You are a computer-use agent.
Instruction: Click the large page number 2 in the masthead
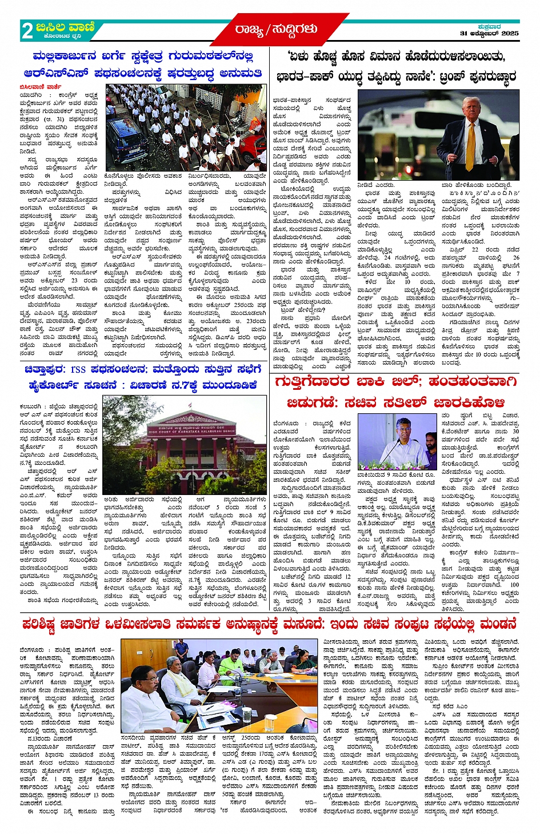(x=27, y=31)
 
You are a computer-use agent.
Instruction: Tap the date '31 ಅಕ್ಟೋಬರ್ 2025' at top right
(x=489, y=34)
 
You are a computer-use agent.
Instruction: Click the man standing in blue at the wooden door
(x=181, y=650)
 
